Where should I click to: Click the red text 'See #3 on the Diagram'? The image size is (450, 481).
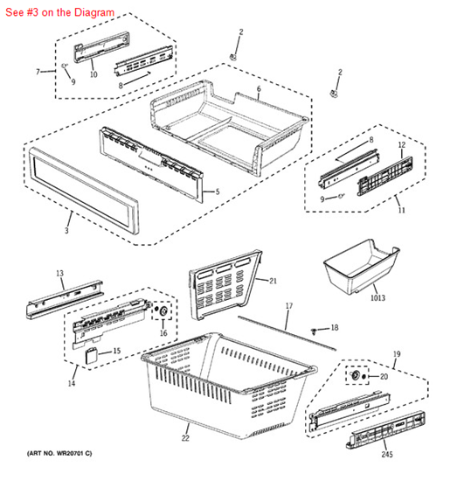[x=59, y=12]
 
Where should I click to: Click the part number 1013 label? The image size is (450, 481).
[x=377, y=297]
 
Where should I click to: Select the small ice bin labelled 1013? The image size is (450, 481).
[x=361, y=267]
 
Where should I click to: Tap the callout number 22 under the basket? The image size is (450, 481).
[x=185, y=438]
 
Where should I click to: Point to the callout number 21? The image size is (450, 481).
[x=273, y=281]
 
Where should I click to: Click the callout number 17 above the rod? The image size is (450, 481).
[x=289, y=306]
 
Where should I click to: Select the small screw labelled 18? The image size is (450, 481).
[x=314, y=331]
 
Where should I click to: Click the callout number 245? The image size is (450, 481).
[x=387, y=454]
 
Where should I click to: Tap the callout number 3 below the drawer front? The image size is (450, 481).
[x=66, y=230]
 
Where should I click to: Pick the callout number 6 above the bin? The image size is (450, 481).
[x=259, y=89]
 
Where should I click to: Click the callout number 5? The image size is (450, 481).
[x=218, y=192]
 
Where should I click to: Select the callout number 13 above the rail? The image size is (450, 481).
[x=59, y=273]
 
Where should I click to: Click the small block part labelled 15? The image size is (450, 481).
[x=91, y=355]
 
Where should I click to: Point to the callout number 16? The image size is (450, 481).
[x=163, y=333]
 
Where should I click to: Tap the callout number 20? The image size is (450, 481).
[x=384, y=376]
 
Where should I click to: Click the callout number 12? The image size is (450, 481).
[x=402, y=145]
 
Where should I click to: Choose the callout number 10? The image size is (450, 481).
[x=93, y=74]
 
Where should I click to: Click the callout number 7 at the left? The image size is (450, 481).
[x=38, y=72]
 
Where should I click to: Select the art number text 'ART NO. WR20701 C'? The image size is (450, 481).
[x=59, y=453]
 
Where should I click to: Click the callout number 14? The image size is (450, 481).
[x=72, y=383]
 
